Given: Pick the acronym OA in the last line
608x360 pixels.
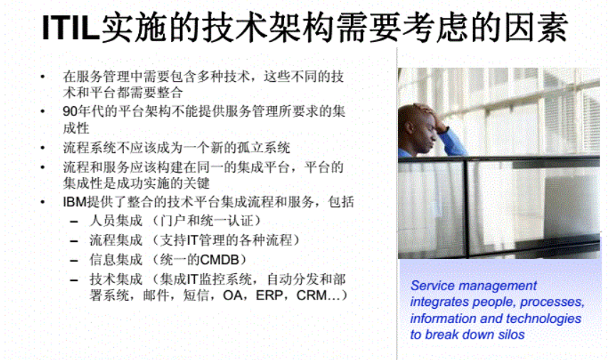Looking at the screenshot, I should click(x=232, y=295).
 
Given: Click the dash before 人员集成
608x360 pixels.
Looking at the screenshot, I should click(x=74, y=221).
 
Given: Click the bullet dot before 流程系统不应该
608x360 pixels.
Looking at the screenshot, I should click(x=44, y=149).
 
